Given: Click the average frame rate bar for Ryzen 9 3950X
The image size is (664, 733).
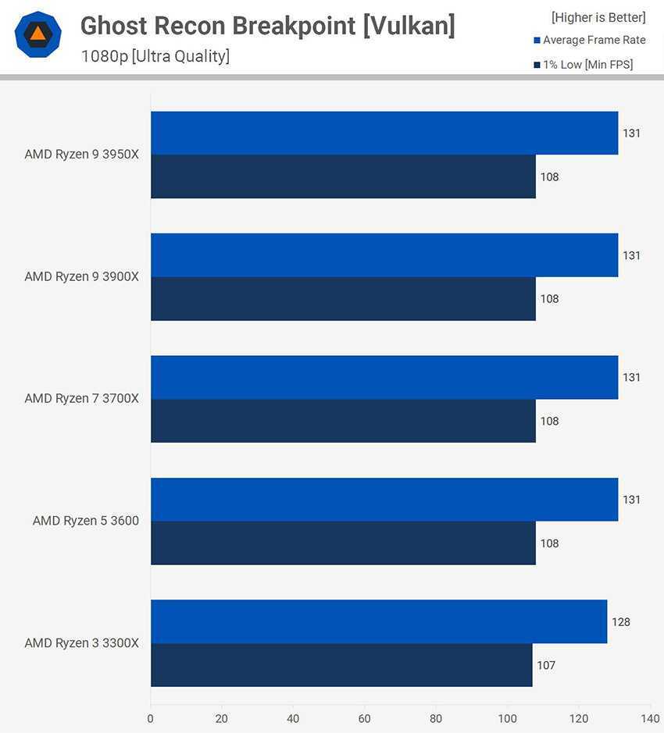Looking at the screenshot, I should [384, 133].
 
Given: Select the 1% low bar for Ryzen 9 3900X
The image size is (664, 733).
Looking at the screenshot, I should [343, 299].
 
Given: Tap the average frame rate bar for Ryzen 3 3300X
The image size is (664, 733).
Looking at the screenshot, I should [379, 621].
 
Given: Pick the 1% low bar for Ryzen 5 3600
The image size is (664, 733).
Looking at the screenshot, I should [343, 543].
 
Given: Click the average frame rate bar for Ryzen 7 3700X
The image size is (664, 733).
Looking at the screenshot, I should [384, 377].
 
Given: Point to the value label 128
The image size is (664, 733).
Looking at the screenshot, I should [621, 622].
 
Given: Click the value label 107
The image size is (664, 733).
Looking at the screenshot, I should [546, 666].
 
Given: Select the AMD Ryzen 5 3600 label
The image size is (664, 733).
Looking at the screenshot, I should [86, 521].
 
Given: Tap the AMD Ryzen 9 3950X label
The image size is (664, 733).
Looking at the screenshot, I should [81, 155].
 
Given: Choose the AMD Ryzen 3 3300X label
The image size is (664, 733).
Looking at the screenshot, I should [81, 643].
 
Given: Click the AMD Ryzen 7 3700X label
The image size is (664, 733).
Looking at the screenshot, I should [81, 399].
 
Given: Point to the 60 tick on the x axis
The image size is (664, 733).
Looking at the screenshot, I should [365, 718].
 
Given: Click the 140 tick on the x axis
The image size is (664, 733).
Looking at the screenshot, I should [650, 718].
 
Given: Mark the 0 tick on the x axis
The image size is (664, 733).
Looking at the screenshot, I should [151, 718].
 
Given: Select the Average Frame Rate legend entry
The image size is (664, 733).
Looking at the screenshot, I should [594, 41].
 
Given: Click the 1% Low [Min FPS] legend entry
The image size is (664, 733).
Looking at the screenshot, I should [587, 65].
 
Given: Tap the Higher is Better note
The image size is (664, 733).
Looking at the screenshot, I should [598, 17].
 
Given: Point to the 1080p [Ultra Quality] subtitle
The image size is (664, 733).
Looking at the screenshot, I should [155, 56].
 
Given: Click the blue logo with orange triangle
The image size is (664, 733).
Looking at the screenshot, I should [37, 34].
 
